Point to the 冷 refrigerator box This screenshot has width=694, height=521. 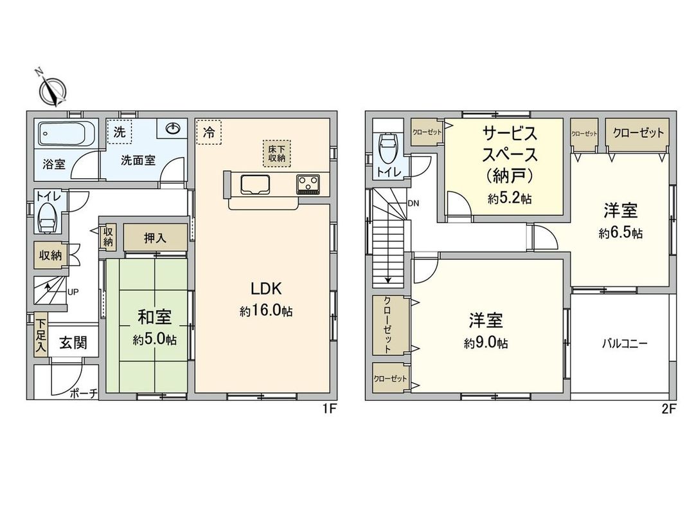coord(209,133)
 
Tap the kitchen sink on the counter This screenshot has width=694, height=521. coord(256,185)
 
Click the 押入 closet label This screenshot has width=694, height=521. coord(155,237)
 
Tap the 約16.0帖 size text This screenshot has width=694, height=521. coord(267,311)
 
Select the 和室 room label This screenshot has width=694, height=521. coord(155,317)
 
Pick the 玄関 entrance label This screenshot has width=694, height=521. coord(74,343)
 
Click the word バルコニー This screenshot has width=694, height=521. coord(625,343)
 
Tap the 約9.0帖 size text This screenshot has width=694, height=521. coord(486,343)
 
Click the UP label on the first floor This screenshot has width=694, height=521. coord(73,292)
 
